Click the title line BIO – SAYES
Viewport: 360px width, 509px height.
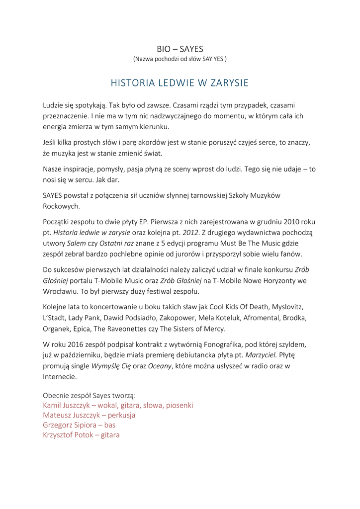pyautogui.click(x=180, y=49)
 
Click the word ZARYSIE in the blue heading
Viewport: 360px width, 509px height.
pyautogui.click(x=228, y=83)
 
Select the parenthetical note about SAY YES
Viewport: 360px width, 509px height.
pyautogui.click(x=180, y=59)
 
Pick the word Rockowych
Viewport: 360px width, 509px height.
pyautogui.click(x=61, y=206)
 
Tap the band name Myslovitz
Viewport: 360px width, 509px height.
pyautogui.click(x=283, y=307)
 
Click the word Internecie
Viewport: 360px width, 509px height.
pyautogui.click(x=60, y=377)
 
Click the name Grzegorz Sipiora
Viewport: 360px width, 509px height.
pyautogui.click(x=70, y=425)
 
